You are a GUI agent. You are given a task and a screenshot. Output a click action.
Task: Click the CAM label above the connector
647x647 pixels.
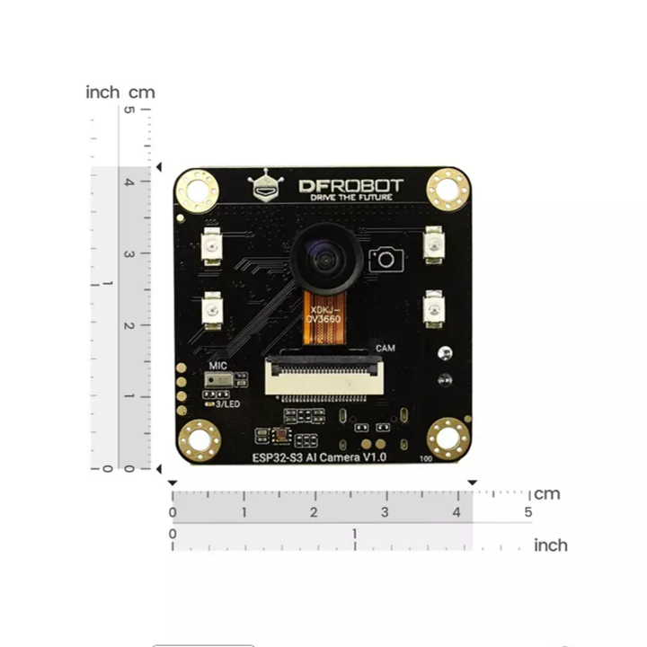[386, 347]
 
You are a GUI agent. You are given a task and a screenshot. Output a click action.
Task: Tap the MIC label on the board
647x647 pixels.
[218, 366]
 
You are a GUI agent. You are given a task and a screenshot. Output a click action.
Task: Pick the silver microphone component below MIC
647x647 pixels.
[218, 382]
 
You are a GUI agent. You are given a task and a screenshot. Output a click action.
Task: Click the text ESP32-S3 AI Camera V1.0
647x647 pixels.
[319, 457]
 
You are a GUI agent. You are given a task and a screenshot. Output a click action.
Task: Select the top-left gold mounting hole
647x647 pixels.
[197, 191]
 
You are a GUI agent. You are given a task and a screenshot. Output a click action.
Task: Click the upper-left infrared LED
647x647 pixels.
[212, 245]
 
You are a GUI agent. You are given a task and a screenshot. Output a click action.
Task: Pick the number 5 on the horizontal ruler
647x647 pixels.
[528, 512]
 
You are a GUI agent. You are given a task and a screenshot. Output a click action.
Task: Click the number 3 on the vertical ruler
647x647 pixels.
[129, 254]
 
